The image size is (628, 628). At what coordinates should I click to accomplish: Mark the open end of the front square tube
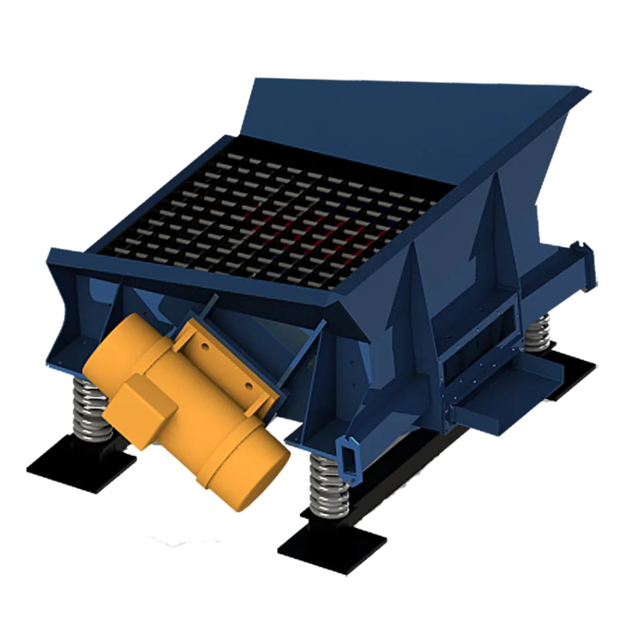348,457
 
